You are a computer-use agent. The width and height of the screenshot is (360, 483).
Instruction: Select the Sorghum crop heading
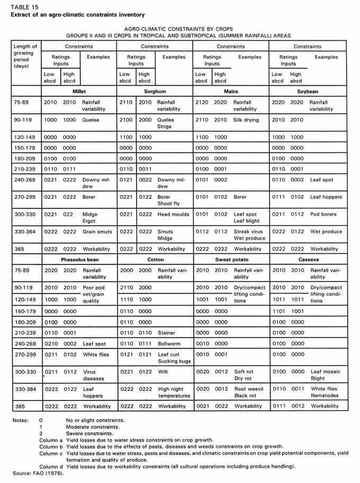155,91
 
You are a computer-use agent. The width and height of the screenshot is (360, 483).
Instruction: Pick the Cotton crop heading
155,260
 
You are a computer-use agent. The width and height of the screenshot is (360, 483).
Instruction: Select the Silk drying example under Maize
246,120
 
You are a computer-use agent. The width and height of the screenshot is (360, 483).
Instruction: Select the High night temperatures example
173,392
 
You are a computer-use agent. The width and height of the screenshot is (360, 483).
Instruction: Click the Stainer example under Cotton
167,333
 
